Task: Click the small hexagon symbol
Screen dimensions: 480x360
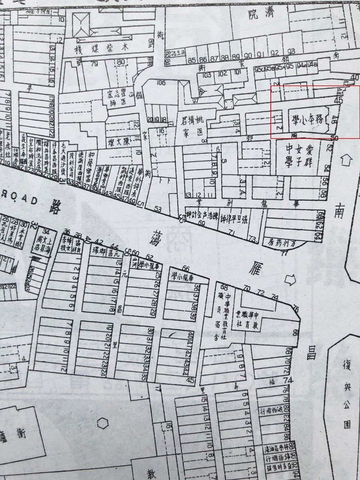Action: point(103,423)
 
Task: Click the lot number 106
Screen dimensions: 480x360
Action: point(161,83)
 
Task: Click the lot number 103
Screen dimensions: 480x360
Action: point(206,75)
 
